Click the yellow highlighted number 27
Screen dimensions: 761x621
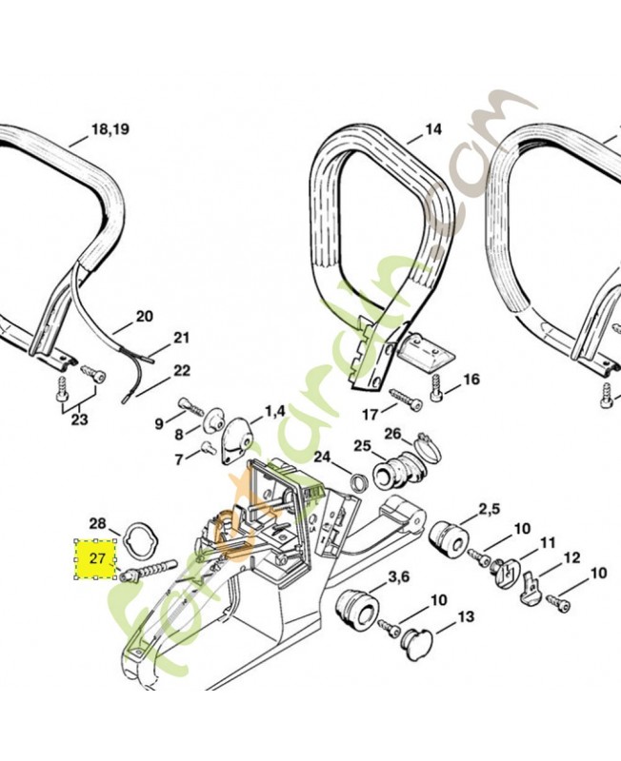click(x=97, y=559)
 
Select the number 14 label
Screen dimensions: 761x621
click(x=433, y=129)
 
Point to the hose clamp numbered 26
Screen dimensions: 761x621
click(x=426, y=442)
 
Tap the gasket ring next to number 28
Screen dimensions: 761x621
click(x=140, y=538)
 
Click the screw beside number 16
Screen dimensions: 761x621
click(x=438, y=385)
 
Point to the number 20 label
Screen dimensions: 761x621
click(x=144, y=316)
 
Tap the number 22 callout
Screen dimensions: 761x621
click(x=181, y=371)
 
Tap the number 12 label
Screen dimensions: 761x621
click(x=571, y=557)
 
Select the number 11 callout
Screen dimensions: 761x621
click(x=547, y=542)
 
